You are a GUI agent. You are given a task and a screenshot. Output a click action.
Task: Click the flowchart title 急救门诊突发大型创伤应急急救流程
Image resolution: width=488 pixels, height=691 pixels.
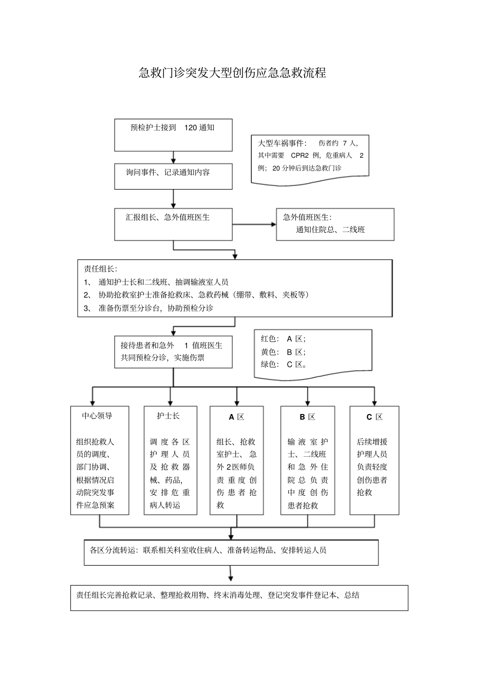[232, 73]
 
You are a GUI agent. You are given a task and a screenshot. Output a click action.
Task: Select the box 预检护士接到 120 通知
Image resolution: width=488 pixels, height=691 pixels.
[173, 135]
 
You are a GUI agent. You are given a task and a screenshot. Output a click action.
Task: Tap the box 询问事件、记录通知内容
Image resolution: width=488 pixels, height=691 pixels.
[173, 176]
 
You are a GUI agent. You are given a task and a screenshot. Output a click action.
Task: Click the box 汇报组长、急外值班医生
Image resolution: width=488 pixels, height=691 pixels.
[173, 224]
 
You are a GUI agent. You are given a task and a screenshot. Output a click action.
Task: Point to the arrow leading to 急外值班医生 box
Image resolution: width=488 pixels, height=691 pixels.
[254, 225]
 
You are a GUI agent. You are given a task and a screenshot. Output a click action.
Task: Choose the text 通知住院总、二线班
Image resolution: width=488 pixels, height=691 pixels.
[330, 230]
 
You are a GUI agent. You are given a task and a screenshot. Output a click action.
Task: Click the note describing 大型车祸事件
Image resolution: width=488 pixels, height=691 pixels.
[310, 156]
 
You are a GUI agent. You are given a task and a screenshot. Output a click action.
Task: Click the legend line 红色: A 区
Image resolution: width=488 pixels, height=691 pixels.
[283, 339]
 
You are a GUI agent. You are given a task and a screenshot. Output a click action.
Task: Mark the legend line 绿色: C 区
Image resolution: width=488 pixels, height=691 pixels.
[284, 364]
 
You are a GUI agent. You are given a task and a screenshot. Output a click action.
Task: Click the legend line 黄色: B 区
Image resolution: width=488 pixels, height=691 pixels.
[283, 352]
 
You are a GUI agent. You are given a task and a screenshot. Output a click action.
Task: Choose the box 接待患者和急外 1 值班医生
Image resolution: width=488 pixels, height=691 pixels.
[173, 352]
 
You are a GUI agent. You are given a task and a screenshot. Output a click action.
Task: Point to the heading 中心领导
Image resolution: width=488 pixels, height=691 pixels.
[97, 416]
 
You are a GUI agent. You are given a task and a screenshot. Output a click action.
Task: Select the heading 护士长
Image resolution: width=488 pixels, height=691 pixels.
[168, 416]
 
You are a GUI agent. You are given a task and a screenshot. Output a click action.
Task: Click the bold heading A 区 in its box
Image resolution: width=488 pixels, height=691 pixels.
[236, 417]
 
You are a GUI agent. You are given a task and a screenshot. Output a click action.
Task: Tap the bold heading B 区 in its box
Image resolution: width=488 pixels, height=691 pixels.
[307, 417]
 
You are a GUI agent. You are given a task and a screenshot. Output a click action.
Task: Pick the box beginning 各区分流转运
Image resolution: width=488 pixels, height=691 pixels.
[231, 552]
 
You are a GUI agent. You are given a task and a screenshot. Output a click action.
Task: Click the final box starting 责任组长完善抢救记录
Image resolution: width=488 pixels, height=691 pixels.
[239, 597]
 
